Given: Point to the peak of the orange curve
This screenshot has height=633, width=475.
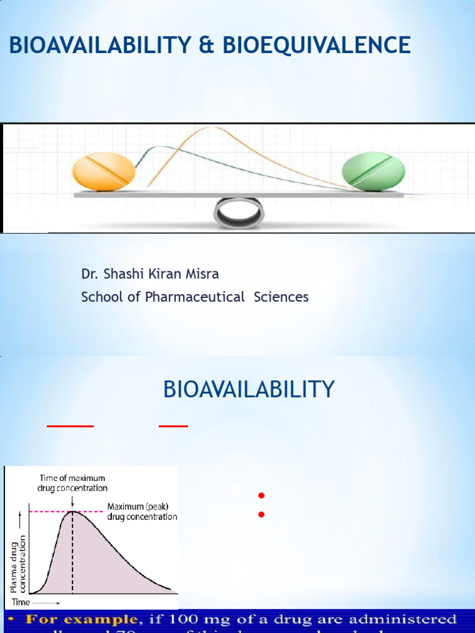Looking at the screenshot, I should coord(212,128).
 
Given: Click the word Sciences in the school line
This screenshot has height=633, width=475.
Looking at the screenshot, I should coord(284,297).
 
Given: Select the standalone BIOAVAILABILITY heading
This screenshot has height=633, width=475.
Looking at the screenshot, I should coord(249,389).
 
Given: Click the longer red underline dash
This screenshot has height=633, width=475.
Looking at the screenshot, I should coord(71,425).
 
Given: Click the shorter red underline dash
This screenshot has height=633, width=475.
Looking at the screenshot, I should coord(173,425).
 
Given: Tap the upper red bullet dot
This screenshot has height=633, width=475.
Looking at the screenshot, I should coord(261,495).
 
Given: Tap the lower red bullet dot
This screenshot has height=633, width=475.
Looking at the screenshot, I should coord(261,514).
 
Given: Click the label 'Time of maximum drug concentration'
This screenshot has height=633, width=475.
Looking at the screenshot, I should coord(72,483).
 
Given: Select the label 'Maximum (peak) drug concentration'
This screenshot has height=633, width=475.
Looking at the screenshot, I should coord(142,511).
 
